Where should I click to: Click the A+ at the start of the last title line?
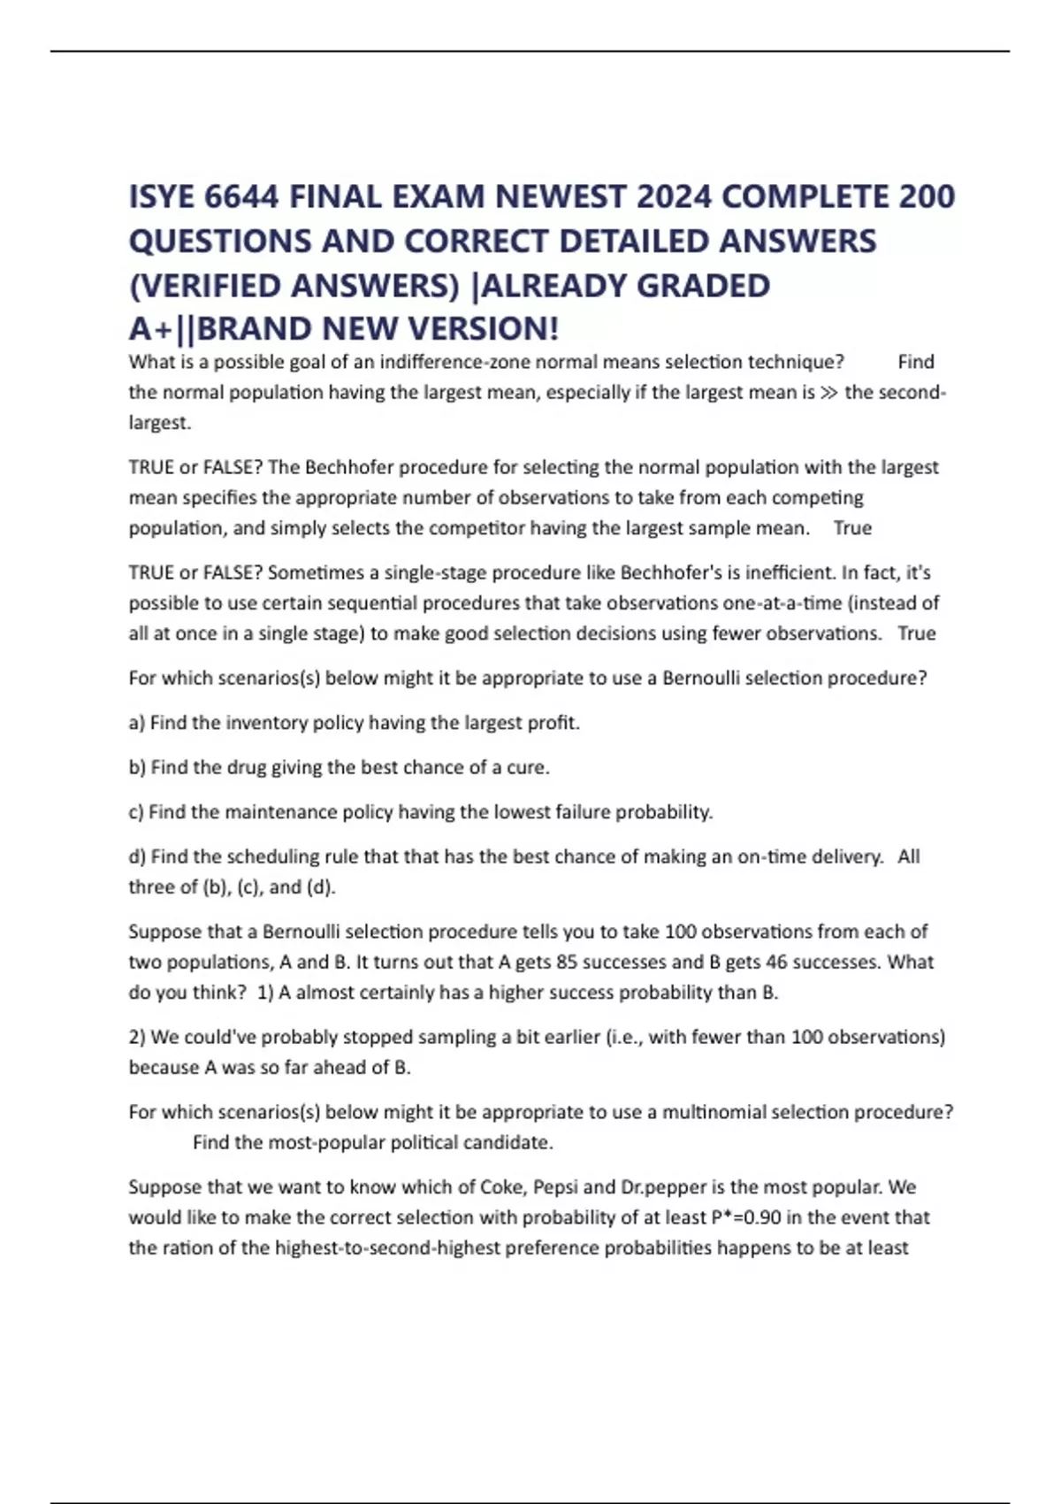[151, 329]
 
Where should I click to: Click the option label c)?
[136, 812]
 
